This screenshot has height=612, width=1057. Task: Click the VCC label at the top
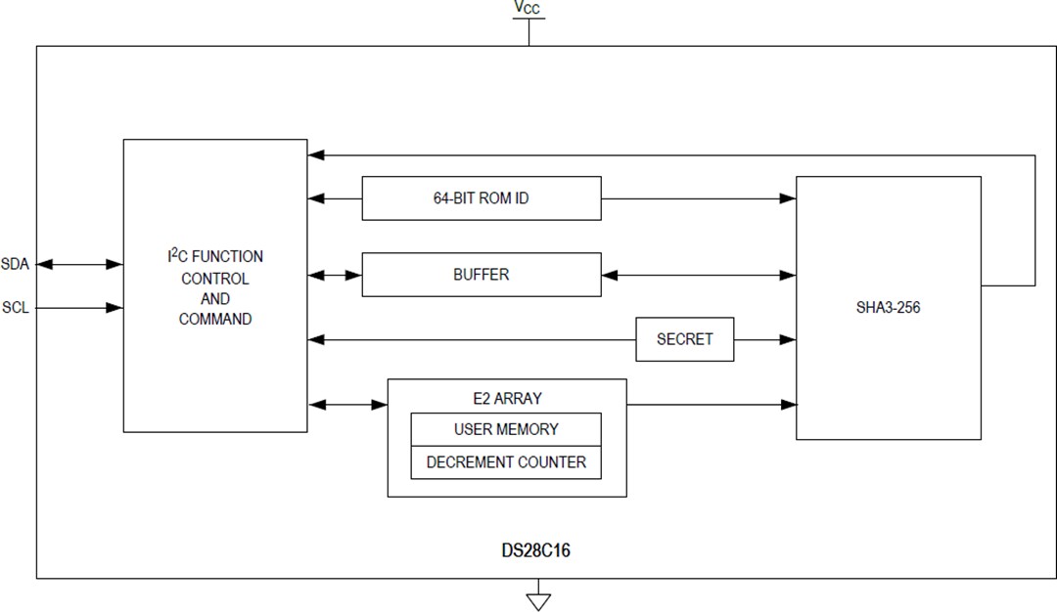pos(528,9)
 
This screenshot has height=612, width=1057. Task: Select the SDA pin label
pos(15,265)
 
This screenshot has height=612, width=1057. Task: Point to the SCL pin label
pos(15,307)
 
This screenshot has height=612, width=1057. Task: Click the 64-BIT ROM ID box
pos(481,198)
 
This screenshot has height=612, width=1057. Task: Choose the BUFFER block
pos(481,275)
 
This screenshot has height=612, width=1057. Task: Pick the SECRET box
pos(684,339)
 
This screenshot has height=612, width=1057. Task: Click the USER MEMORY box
pos(506,429)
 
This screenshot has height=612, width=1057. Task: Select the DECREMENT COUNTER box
pos(506,462)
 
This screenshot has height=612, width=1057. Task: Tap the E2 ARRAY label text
pos(506,399)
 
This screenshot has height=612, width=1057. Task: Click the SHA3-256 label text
pos(887,307)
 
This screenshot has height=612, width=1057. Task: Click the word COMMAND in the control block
pos(215,319)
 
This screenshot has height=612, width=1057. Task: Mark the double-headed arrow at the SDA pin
pos(80,264)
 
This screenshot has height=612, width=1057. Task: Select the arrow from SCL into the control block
pos(80,308)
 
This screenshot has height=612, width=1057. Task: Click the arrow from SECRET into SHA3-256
pos(764,339)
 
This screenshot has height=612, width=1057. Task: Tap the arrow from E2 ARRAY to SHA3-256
pos(711,404)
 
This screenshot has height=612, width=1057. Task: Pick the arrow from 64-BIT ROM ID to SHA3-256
pos(698,198)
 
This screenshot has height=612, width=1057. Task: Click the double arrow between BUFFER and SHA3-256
pos(698,276)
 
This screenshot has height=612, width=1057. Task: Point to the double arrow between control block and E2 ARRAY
pos(347,404)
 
